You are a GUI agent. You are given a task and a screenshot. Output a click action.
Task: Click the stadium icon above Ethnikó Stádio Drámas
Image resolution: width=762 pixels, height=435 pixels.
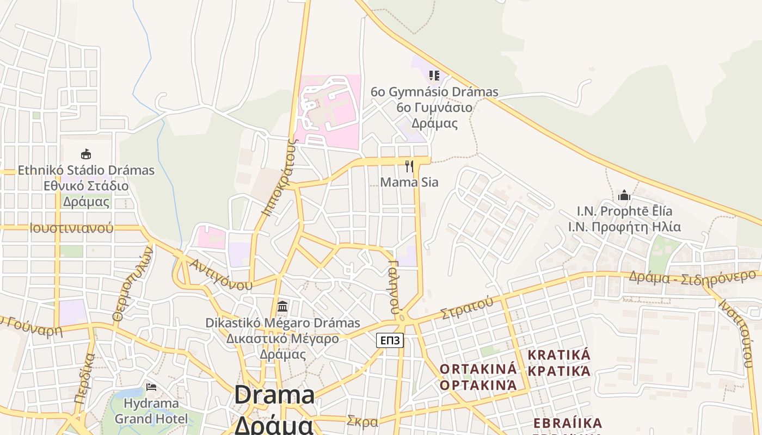pyautogui.click(x=86, y=154)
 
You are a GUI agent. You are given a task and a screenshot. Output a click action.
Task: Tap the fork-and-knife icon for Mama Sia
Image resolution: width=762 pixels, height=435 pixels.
pyautogui.click(x=409, y=166)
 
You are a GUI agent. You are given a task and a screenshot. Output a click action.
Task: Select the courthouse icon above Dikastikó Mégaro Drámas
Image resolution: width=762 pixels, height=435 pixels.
pyautogui.click(x=282, y=306)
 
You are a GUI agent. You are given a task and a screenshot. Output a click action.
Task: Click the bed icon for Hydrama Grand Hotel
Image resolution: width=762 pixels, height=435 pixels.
pyautogui.click(x=151, y=387)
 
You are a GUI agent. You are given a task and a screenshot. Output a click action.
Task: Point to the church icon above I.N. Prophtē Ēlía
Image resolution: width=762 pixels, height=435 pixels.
pyautogui.click(x=624, y=195)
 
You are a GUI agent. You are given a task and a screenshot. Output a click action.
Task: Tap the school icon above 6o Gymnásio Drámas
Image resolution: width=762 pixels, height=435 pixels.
pyautogui.click(x=434, y=75)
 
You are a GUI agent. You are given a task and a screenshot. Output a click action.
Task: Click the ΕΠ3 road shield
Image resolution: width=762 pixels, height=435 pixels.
pyautogui.click(x=390, y=341)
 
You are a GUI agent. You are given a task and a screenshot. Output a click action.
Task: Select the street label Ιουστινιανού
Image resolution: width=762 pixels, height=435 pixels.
pyautogui.click(x=72, y=228)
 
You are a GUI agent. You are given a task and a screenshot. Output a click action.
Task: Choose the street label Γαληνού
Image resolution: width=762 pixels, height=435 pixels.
pyautogui.click(x=395, y=287)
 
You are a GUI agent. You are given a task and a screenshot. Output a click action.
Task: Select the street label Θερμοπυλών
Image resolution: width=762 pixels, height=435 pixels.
pyautogui.click(x=132, y=283)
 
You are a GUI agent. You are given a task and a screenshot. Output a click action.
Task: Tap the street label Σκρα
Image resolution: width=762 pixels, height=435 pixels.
pyautogui.click(x=362, y=421)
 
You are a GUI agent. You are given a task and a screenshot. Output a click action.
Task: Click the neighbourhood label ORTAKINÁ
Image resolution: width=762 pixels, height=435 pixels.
pyautogui.click(x=478, y=369)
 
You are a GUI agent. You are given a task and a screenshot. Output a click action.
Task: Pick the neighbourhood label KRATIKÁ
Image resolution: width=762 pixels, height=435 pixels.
pyautogui.click(x=559, y=355)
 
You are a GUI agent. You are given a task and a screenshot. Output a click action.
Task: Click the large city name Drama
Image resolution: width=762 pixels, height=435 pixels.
pyautogui.click(x=274, y=395)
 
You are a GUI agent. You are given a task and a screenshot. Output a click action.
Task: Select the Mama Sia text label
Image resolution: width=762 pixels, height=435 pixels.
pyautogui.click(x=409, y=182)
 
